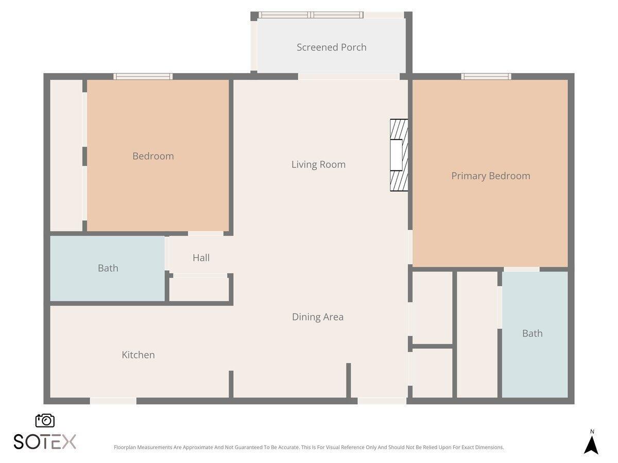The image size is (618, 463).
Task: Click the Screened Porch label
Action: (332, 47)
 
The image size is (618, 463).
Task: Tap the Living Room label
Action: (318, 165)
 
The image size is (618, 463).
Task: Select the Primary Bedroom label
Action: (490, 176)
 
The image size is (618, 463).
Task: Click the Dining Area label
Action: (318, 317)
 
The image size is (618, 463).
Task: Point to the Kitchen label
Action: (138, 355)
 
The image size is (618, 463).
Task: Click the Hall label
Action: (201, 258)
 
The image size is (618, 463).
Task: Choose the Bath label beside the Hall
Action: (108, 268)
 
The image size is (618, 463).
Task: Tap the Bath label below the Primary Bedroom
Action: (532, 333)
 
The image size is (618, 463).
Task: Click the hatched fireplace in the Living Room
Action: (399, 155)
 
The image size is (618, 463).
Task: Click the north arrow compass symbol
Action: (591, 444)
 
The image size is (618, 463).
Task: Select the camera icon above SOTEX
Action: (45, 420)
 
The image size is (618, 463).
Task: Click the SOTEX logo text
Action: (45, 441)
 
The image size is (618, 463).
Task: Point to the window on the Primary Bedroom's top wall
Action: (486, 77)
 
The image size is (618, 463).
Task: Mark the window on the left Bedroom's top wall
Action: (143, 77)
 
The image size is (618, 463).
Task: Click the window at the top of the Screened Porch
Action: (311, 15)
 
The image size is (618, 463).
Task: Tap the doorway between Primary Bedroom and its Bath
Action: (521, 269)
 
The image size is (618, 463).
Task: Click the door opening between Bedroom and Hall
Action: (205, 234)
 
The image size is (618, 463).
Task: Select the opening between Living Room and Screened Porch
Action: (349, 77)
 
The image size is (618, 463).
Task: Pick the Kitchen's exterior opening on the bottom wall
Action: (113, 401)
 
